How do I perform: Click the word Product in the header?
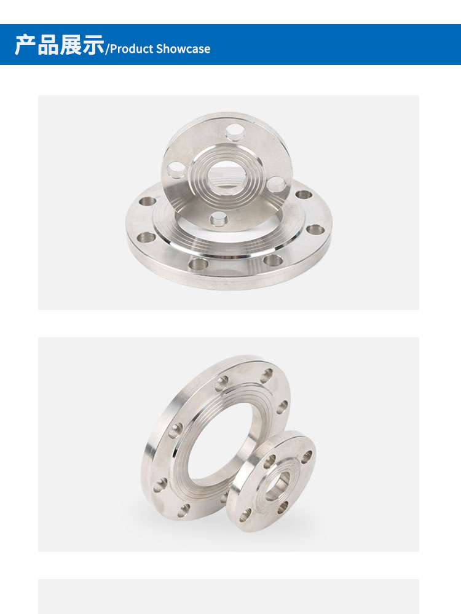point(131,49)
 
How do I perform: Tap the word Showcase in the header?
point(183,49)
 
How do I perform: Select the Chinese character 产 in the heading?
point(25,45)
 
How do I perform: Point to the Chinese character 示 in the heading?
point(93,45)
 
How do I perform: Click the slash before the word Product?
point(107,49)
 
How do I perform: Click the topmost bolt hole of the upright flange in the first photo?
point(235,132)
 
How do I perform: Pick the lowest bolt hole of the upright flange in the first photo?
point(218,219)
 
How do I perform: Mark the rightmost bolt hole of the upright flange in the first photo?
point(277,184)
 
